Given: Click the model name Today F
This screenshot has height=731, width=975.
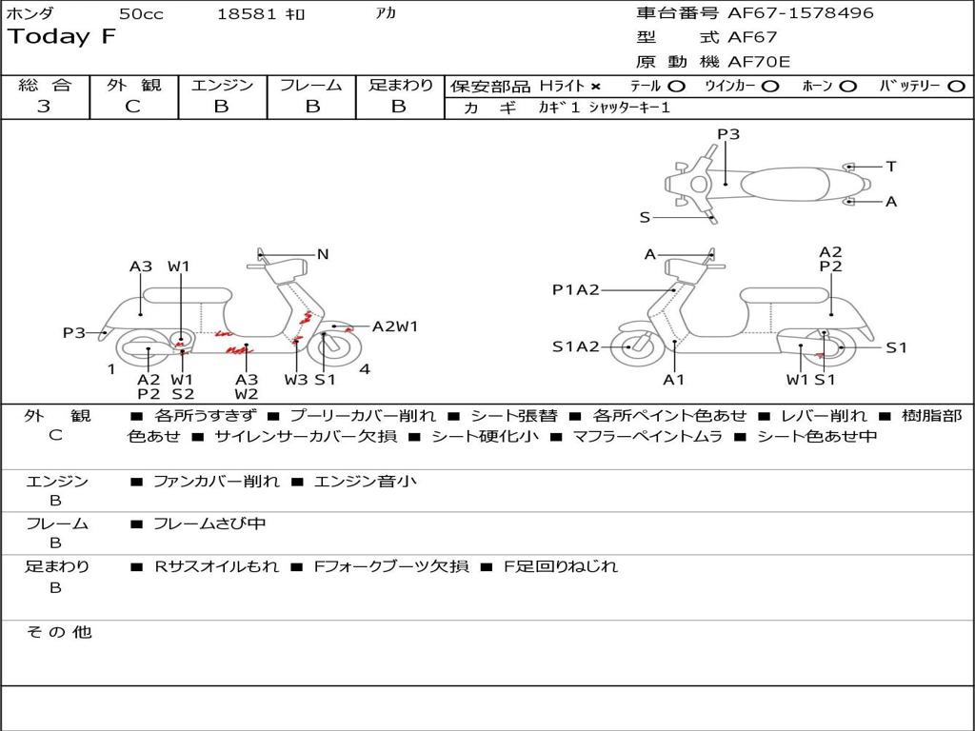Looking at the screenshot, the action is pos(62,37).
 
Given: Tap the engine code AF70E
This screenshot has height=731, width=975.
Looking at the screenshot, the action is pos(759,62).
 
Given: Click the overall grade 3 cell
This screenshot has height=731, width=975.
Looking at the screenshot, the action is pos(44,107).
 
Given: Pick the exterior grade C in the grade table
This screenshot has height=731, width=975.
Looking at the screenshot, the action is pos(132,107).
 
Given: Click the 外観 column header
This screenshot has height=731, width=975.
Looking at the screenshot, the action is pos(133,85).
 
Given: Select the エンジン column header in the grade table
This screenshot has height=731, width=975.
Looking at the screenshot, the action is pos(222,85).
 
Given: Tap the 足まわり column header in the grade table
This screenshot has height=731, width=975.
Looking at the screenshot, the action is pos(400,85).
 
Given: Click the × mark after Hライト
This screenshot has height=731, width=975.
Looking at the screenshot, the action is pos(595,86).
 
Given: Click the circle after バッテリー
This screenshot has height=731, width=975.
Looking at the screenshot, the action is pos(956,86).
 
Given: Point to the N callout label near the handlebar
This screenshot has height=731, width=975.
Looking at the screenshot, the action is pos(323,254).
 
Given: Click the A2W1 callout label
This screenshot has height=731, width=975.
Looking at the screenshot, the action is pos(395,326).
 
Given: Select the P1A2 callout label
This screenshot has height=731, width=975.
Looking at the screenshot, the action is pos(576,290).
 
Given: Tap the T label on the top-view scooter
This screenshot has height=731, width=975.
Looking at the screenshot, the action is pos(891,167).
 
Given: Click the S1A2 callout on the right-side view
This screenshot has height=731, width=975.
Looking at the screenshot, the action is pos(576,346).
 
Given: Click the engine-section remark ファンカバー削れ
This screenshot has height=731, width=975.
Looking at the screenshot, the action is pos(216,482).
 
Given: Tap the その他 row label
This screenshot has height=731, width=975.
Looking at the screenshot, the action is pos(58,632).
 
